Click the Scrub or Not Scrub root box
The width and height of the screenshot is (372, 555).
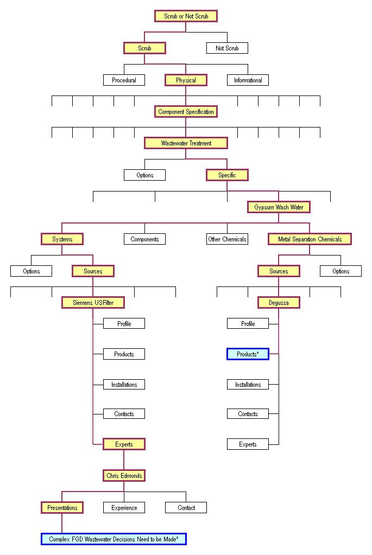(186, 16)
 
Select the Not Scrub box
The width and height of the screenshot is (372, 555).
(227, 48)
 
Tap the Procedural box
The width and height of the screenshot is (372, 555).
(124, 80)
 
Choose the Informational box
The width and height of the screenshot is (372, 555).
(248, 80)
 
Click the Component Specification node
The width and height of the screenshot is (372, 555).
(186, 112)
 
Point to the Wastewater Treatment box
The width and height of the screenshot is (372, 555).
(186, 143)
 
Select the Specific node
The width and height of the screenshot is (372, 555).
(227, 175)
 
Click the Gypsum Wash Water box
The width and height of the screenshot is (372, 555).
(279, 207)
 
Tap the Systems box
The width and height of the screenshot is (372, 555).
(62, 239)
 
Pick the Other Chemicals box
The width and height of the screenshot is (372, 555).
(227, 239)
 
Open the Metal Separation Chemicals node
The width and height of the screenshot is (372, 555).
(310, 239)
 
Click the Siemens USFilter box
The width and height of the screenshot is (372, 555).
(93, 302)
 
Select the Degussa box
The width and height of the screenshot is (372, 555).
(279, 302)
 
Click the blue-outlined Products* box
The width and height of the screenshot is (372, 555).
(248, 354)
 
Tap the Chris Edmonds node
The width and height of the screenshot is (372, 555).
(124, 476)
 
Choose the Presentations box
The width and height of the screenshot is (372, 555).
(62, 508)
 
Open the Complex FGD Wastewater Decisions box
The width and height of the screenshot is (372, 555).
(114, 539)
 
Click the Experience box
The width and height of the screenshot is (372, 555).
(124, 508)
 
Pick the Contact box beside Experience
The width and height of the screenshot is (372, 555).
(186, 508)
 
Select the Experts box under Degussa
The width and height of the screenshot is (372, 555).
(248, 444)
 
